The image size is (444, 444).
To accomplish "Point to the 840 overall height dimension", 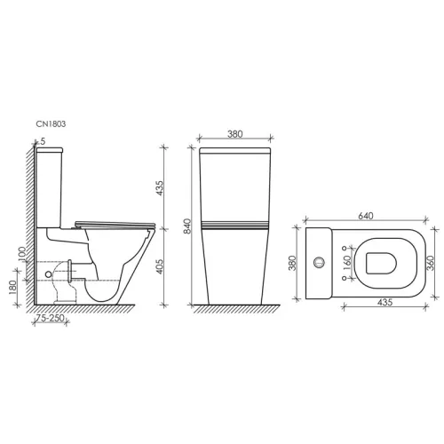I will click(186, 227).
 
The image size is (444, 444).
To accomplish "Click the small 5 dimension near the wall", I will click(41, 141).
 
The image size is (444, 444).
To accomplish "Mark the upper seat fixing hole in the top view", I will click(342, 246).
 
